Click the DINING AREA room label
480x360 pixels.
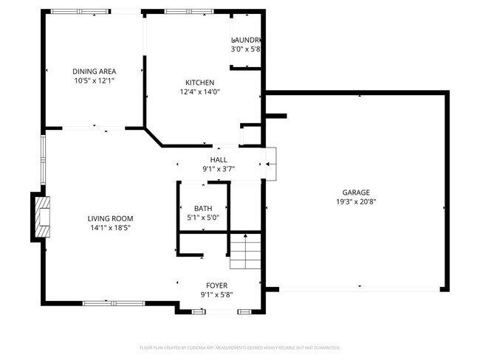click(94, 71)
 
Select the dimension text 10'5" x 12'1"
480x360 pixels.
click(94, 80)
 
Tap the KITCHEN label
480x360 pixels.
click(199, 83)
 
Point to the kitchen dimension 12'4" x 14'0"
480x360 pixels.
click(199, 92)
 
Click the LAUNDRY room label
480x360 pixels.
click(247, 40)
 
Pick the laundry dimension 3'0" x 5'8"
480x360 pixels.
click(246, 49)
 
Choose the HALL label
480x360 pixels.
click(219, 159)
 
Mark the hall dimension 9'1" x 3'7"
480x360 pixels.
click(219, 169)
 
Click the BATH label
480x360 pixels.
click(202, 209)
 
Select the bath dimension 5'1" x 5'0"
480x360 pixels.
click(202, 218)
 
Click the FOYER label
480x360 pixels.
click(216, 285)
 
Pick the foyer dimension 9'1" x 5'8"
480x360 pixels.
click(216, 295)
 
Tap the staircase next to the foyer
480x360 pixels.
click(245, 252)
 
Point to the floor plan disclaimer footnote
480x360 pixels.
click(240, 347)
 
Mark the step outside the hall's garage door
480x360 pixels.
click(270, 163)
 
